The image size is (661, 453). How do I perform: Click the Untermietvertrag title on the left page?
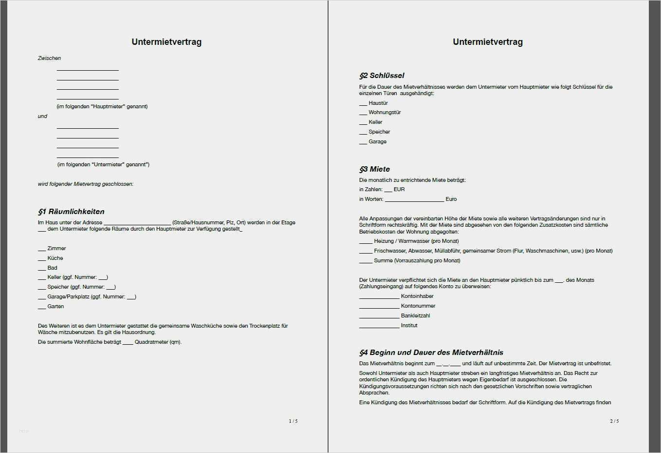tap(166, 42)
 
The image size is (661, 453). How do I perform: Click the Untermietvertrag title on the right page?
tap(488, 42)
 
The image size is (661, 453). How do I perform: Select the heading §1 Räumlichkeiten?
tap(72, 212)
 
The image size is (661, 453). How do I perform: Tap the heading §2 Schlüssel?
tap(382, 76)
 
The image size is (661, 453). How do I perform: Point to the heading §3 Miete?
tap(375, 169)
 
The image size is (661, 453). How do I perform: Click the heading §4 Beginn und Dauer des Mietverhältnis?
tap(431, 353)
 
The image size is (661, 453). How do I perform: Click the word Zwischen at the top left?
tap(50, 58)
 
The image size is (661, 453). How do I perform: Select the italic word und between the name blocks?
tap(43, 116)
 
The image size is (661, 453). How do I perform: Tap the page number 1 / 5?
tap(293, 421)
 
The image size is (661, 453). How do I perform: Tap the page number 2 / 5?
tap(614, 421)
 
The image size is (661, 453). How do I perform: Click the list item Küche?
tap(55, 258)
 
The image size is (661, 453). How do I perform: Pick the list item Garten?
tap(55, 306)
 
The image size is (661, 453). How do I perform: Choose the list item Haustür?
tap(378, 103)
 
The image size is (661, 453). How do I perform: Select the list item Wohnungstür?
tap(385, 112)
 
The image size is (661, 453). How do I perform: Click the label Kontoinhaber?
tap(417, 296)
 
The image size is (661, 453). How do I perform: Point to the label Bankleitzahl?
tap(415, 315)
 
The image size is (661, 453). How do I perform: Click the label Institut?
tap(409, 325)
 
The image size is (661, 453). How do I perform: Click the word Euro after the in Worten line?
tap(451, 199)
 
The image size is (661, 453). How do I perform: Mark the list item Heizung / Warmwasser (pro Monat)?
tap(416, 241)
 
